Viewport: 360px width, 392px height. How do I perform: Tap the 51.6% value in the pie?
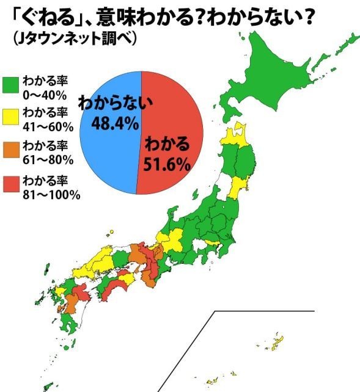pyautogui.click(x=167, y=164)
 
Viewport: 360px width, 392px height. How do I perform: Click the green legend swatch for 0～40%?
pyautogui.click(x=10, y=85)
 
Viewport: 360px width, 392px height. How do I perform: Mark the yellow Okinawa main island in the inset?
pyautogui.click(x=276, y=341)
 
